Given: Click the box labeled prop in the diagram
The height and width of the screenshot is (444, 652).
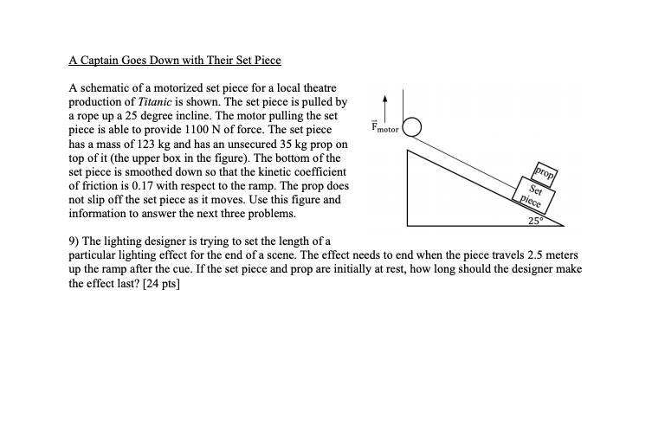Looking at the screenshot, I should [546, 172].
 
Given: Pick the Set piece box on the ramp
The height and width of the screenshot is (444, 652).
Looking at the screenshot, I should [534, 195].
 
